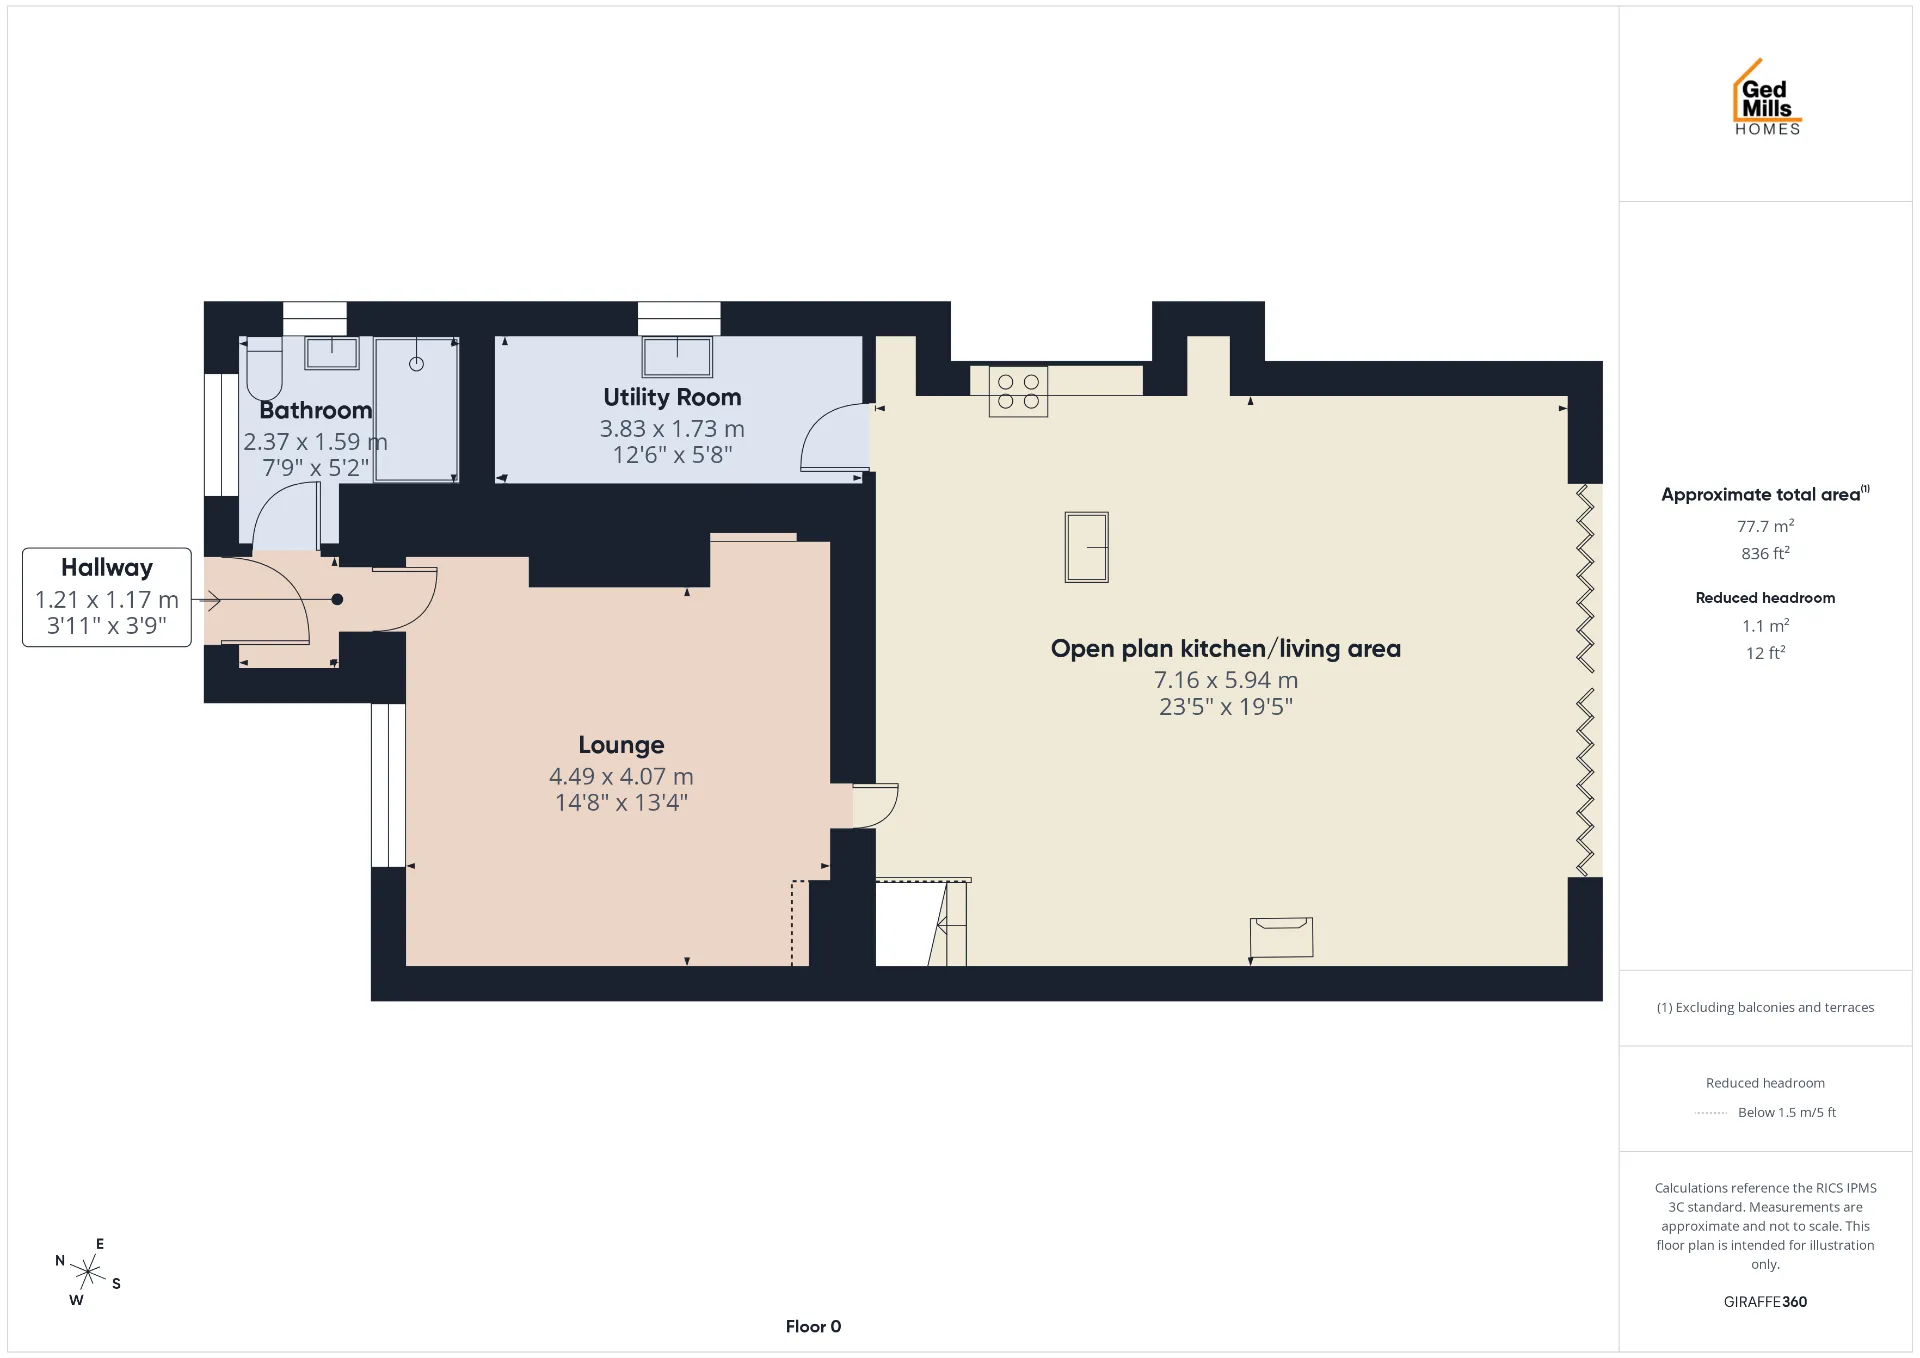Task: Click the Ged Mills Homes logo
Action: pyautogui.click(x=1767, y=97)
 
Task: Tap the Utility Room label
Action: pyautogui.click(x=672, y=397)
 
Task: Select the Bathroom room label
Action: pyautogui.click(x=315, y=410)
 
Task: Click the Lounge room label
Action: pyautogui.click(x=621, y=745)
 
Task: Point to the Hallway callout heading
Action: pyautogui.click(x=107, y=568)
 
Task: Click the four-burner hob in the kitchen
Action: pyautogui.click(x=1018, y=391)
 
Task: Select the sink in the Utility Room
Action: pyautogui.click(x=677, y=356)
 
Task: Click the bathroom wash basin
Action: pyautogui.click(x=332, y=352)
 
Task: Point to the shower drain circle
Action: pyautogui.click(x=416, y=364)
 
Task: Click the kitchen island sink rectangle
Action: pyautogui.click(x=1086, y=547)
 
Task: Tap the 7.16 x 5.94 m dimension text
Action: pyautogui.click(x=1226, y=680)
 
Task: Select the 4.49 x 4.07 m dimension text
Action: pyautogui.click(x=621, y=776)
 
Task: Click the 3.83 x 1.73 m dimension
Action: pyautogui.click(x=672, y=429)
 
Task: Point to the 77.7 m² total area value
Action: pyautogui.click(x=1765, y=526)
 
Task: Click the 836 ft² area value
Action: pyautogui.click(x=1765, y=553)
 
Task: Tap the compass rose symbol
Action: pyautogui.click(x=88, y=1272)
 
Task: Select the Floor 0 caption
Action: pyautogui.click(x=813, y=1327)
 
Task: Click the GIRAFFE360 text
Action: pyautogui.click(x=1765, y=1302)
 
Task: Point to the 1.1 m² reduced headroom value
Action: pyautogui.click(x=1765, y=626)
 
